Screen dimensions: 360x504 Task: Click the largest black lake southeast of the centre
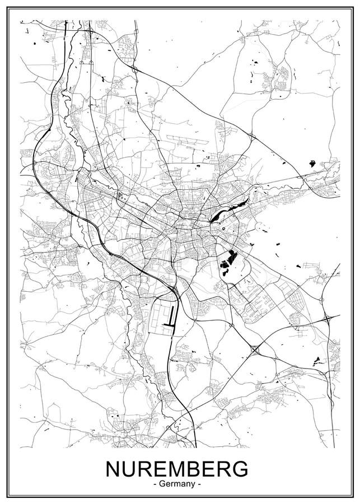pyautogui.click(x=227, y=262)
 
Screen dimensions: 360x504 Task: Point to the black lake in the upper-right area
pyautogui.click(x=312, y=164)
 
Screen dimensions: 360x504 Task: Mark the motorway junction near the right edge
pyautogui.click(x=326, y=319)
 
